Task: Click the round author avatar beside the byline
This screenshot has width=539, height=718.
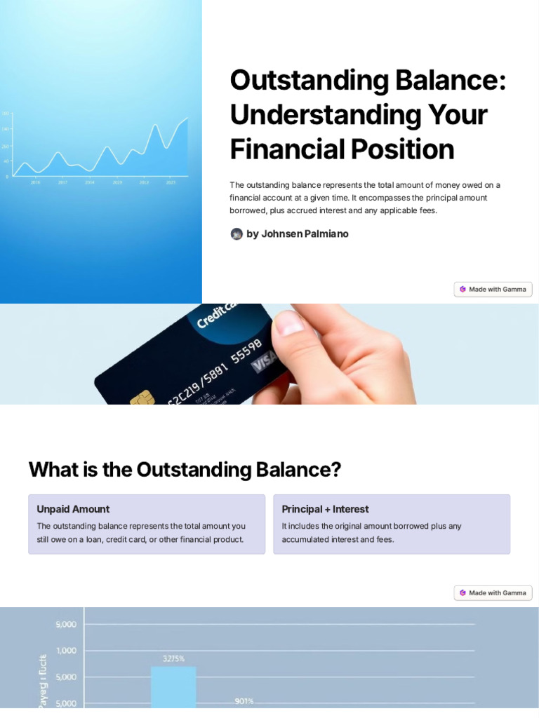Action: (x=237, y=234)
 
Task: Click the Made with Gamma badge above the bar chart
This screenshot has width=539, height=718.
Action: (x=493, y=592)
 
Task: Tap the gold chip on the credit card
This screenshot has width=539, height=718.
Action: (x=142, y=398)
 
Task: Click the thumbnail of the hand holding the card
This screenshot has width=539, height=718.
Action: (x=337, y=353)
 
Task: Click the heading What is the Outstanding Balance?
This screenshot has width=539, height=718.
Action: (x=185, y=469)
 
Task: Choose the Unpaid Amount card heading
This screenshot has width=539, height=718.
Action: (x=73, y=509)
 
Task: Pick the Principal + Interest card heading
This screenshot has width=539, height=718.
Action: (x=325, y=509)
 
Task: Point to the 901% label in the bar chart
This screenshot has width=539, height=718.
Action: (x=244, y=700)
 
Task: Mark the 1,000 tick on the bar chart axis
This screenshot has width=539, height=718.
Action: (x=66, y=650)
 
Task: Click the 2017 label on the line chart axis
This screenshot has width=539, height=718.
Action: (x=62, y=182)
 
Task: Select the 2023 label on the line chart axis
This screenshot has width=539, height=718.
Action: (x=171, y=182)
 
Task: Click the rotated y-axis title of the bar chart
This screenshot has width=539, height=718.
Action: (x=42, y=680)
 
